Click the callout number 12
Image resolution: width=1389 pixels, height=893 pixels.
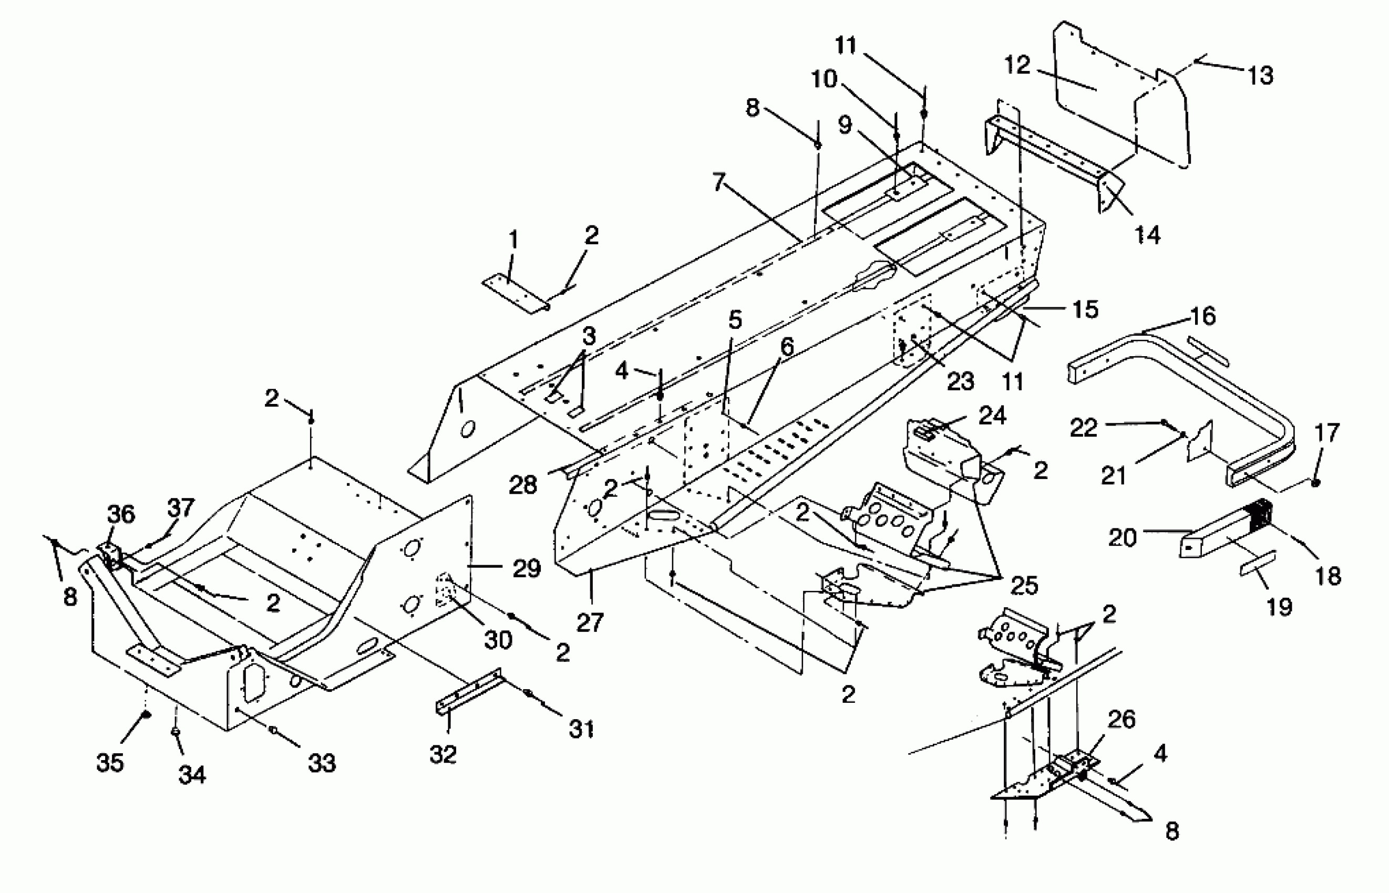pos(1017,66)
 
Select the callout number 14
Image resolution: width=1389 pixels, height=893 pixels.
pos(1147,235)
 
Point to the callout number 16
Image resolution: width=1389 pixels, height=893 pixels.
pos(1202,316)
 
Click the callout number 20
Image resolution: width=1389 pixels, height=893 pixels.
pos(1122,537)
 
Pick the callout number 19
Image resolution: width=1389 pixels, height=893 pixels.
pos(1279,607)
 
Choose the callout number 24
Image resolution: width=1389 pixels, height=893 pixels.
pos(992,416)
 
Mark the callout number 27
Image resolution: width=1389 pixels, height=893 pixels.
pos(590,623)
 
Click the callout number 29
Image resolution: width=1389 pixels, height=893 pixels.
pos(526,568)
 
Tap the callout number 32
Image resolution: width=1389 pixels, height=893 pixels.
pos(443,754)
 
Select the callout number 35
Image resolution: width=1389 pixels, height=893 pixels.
pos(110,763)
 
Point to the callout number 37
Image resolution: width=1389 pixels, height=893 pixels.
pos(180,507)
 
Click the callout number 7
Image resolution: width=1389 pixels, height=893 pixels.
pos(719,182)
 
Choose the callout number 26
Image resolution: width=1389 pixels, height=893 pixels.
pos(1121,719)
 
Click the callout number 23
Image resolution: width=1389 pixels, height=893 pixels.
pos(960,381)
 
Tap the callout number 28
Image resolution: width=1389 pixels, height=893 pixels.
pos(522,485)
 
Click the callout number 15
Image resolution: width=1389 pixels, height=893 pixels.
pos(1085,309)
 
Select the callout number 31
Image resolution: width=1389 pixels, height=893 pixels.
pos(581,729)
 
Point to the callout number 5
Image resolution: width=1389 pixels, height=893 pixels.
pos(735,319)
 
